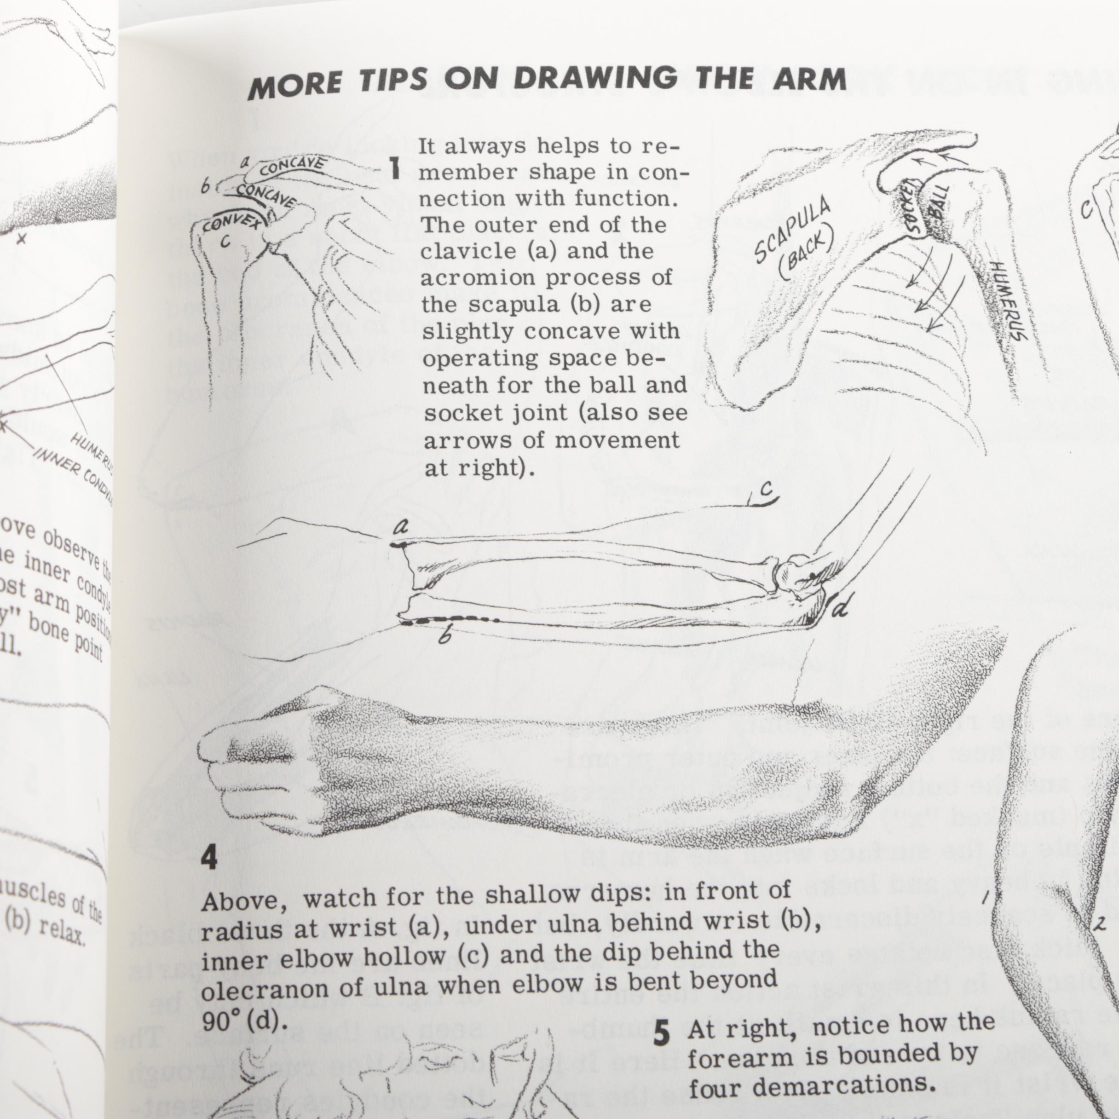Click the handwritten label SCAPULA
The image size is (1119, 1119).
coord(792,230)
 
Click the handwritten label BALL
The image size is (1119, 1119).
coord(940,203)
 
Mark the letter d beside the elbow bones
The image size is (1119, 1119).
coord(841,609)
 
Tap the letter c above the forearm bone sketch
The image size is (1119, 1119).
coord(766,490)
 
